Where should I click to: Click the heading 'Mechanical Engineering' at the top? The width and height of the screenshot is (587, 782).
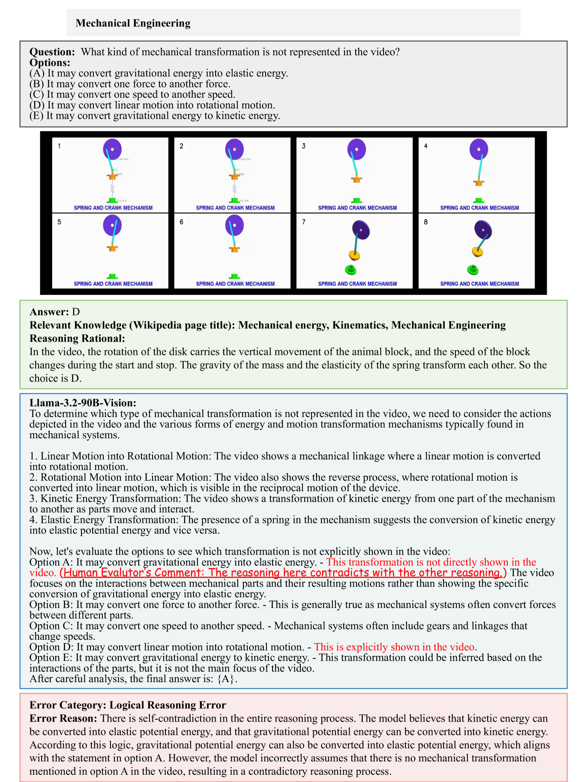133,23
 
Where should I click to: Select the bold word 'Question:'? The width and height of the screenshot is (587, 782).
52,52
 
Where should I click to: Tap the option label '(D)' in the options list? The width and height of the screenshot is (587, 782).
37,105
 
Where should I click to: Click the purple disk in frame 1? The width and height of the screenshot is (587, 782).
112,149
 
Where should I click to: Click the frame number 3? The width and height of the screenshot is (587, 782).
304,146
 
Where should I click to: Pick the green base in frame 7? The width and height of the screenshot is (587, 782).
351,270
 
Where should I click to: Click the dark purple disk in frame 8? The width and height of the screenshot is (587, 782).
483,230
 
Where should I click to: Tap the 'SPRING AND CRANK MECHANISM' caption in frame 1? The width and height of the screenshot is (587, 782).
113,208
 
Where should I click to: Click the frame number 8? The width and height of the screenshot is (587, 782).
426,222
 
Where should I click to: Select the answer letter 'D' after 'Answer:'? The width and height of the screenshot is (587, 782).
76,312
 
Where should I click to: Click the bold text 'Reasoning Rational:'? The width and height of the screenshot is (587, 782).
77,339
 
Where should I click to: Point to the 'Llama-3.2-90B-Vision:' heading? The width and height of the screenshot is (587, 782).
83,403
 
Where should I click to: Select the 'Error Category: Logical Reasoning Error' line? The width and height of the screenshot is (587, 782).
128,705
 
